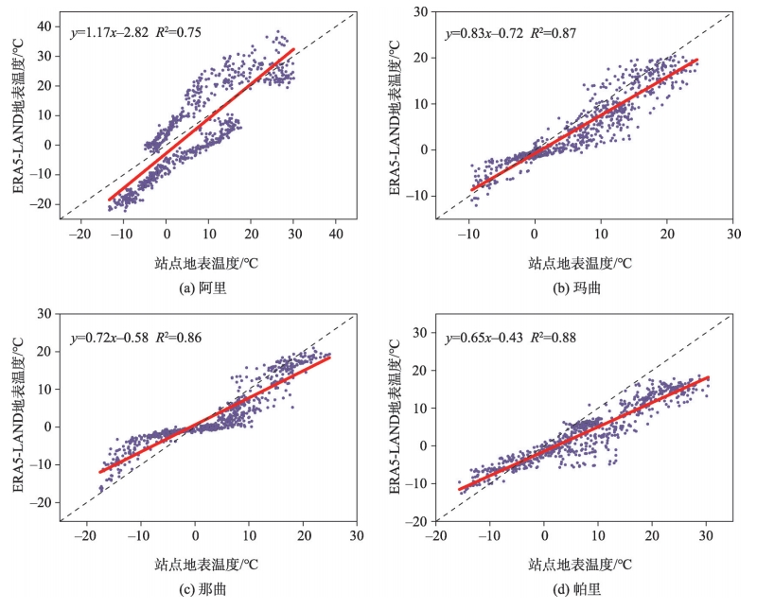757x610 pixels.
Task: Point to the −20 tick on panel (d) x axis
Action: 436,535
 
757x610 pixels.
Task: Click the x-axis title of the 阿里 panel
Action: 207,262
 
